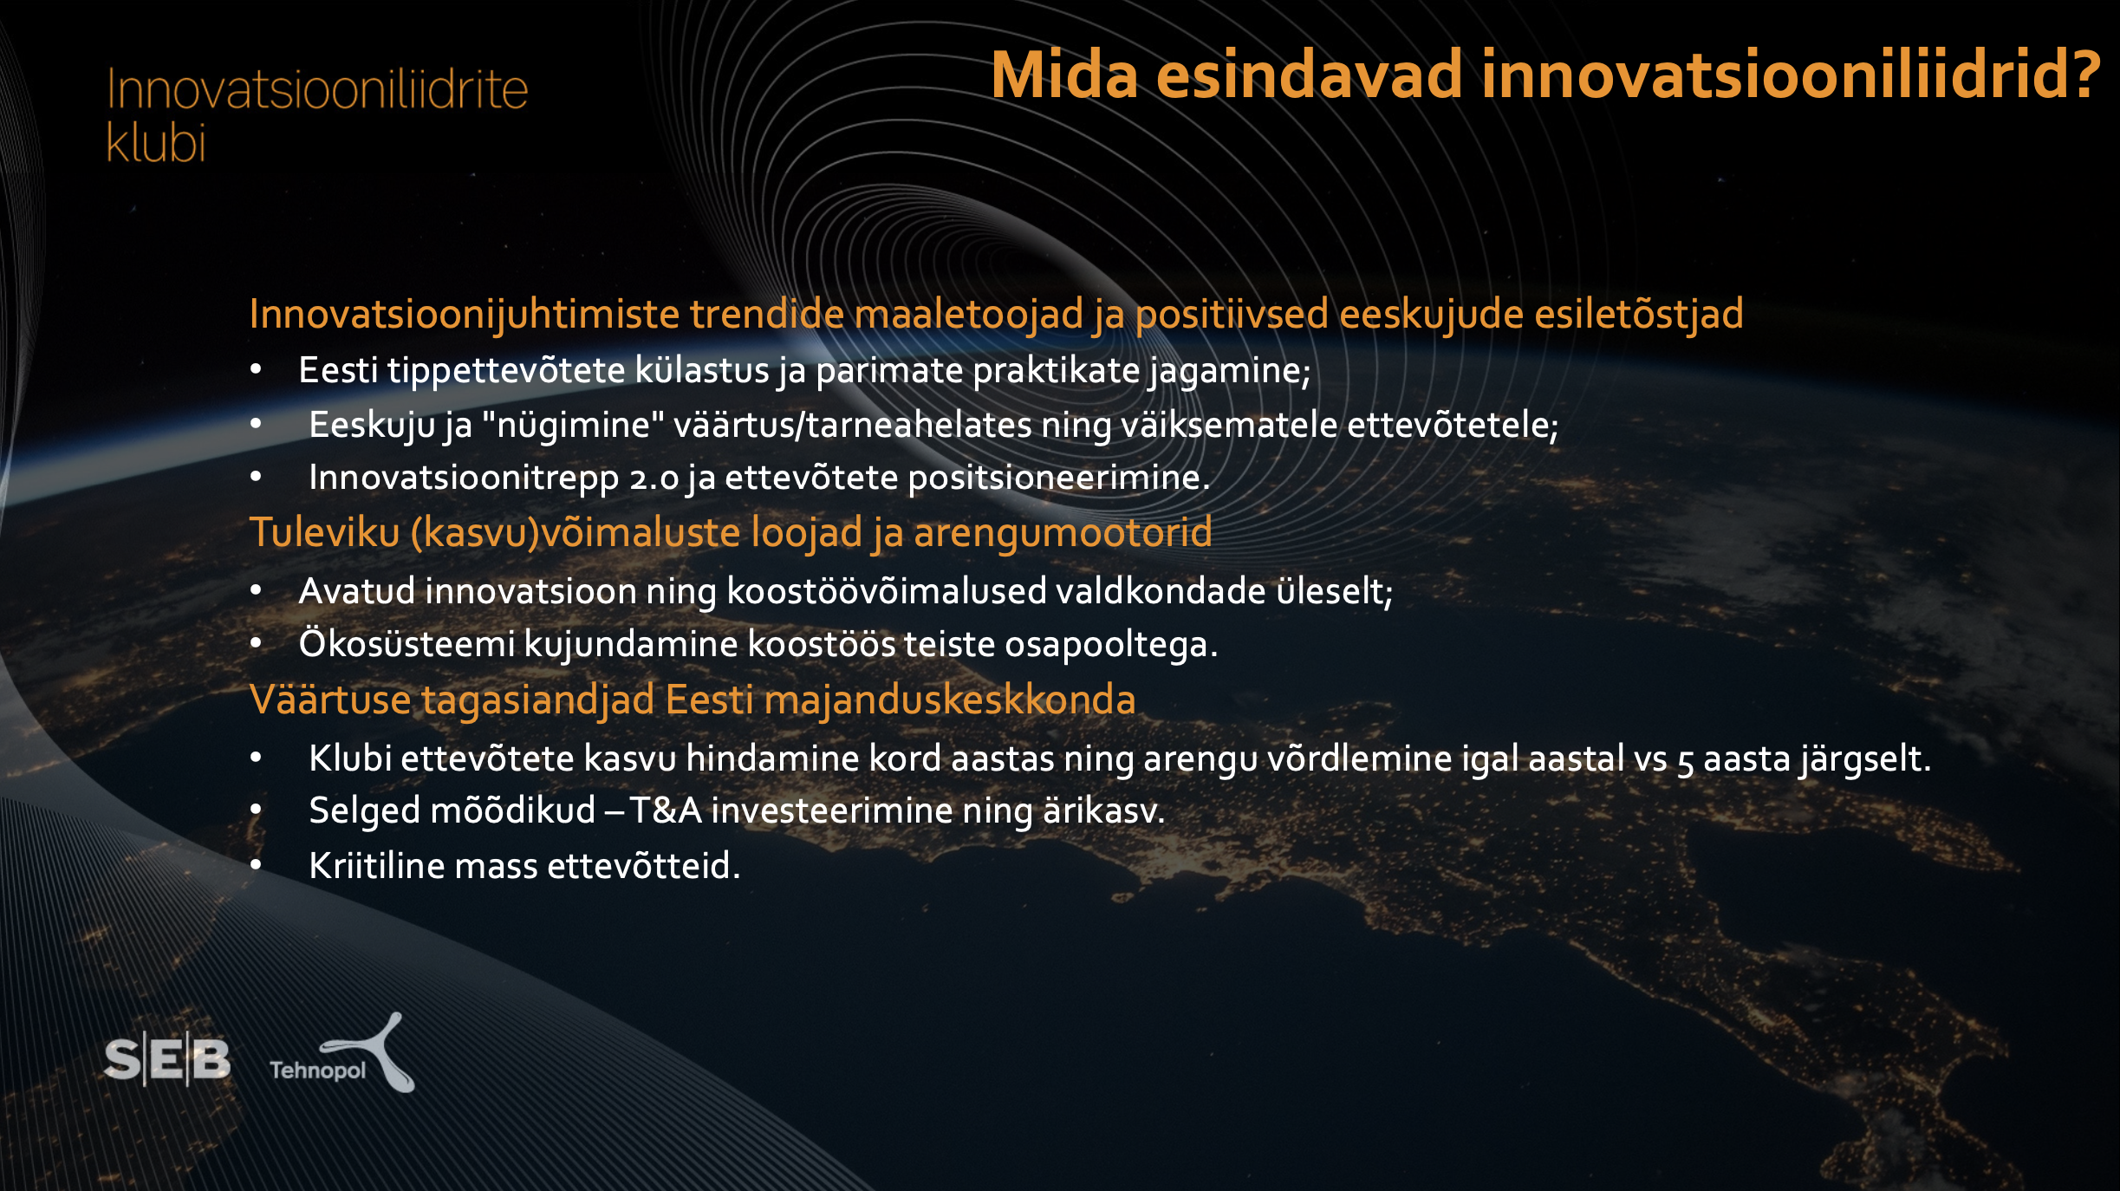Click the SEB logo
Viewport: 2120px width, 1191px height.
pos(167,1058)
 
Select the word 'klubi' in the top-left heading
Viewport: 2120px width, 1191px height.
pos(156,141)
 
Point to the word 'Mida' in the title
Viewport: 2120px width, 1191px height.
pos(1064,75)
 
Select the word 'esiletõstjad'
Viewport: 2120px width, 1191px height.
pos(1638,314)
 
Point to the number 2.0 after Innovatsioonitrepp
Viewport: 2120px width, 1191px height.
pos(654,478)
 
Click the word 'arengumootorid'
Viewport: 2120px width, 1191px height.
pos(1063,533)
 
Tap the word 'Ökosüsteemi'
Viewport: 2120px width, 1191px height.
pos(406,643)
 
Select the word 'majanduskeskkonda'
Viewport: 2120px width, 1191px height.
pos(949,700)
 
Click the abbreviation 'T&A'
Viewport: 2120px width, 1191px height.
pos(665,811)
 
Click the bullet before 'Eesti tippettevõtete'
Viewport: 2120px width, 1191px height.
pos(256,370)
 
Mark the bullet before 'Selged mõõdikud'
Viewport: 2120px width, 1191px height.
pos(256,810)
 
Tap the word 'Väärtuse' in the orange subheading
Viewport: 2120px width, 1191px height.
pos(330,700)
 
